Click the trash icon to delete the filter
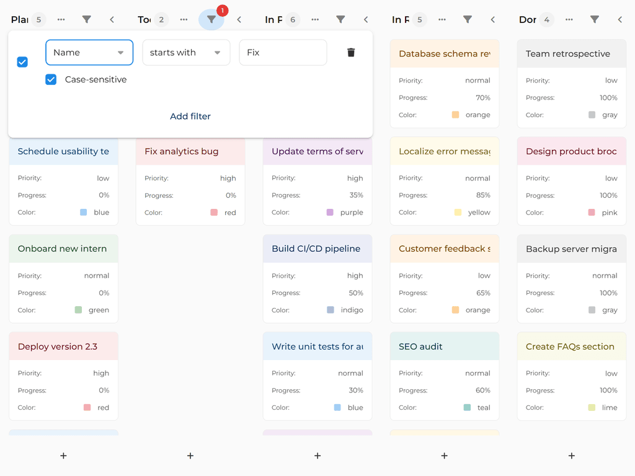pos(351,53)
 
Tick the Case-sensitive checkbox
pos(51,79)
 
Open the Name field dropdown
pos(89,53)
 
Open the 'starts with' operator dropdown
pos(186,53)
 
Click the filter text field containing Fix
pos(283,53)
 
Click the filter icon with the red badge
pos(211,20)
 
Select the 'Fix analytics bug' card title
pos(182,151)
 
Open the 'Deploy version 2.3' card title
pos(58,346)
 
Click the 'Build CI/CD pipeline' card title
pos(316,249)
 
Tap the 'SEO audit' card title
pos(421,346)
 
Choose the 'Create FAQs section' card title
pos(570,346)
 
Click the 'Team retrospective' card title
pos(568,54)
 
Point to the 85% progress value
pos(483,195)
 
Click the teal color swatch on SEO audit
pos(467,408)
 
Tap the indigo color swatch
pos(331,310)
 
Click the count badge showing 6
pos(292,20)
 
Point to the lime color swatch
pos(592,408)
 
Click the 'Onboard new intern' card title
pos(62,249)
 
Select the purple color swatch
pos(330,213)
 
